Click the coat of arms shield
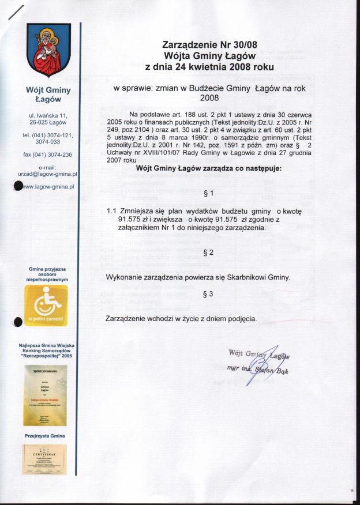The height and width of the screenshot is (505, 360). tap(48, 50)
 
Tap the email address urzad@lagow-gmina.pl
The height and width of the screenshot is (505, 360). tap(48, 173)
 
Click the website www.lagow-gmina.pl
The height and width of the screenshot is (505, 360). tap(48, 187)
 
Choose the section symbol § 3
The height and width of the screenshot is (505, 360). tap(208, 294)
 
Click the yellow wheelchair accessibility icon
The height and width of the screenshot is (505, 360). tap(46, 306)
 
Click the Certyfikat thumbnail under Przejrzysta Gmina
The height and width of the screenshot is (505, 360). tap(44, 459)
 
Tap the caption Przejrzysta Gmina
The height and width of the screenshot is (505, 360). tap(44, 437)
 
